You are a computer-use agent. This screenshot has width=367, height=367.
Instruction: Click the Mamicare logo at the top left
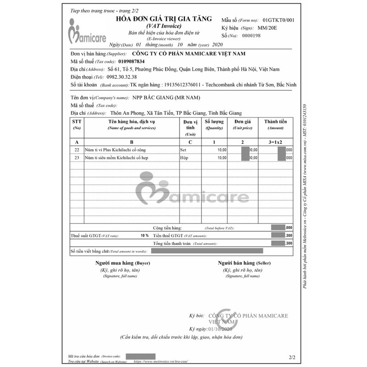click(87, 32)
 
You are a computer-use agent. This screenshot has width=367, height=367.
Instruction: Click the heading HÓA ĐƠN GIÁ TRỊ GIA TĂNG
click(166, 19)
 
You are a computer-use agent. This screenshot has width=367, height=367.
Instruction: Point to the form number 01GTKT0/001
click(279, 20)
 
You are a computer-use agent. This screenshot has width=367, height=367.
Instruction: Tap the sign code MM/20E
click(267, 28)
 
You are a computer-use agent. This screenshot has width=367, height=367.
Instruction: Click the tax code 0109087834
click(131, 61)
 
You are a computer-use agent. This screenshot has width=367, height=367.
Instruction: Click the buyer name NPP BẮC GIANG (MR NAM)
click(167, 98)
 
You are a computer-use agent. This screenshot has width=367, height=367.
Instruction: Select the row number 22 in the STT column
click(77, 150)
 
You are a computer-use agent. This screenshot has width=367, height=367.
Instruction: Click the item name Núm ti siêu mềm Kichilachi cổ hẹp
click(121, 158)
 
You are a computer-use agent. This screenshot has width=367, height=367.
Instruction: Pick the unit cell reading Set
click(183, 150)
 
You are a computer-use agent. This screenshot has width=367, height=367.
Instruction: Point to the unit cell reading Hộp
click(184, 158)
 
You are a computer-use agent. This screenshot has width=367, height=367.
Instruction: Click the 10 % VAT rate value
click(145, 235)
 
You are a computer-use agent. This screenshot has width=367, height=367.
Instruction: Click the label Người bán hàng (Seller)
click(242, 263)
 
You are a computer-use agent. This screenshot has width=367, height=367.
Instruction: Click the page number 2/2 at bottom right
click(293, 356)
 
